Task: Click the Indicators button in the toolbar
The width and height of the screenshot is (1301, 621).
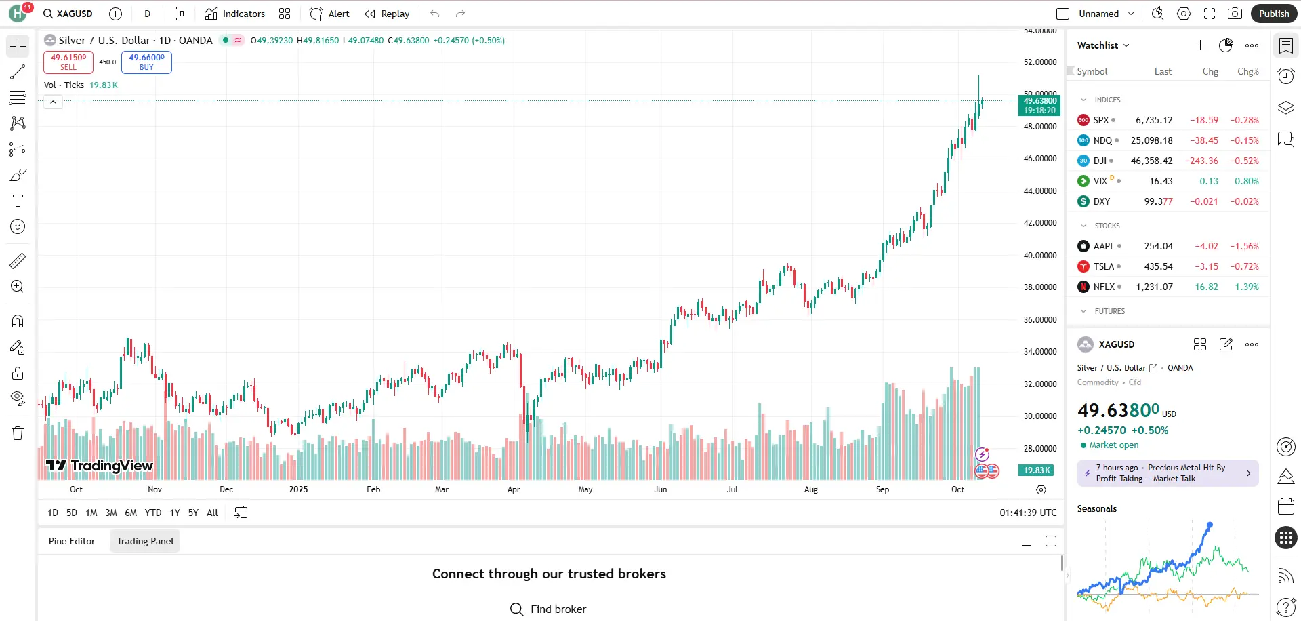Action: pyautogui.click(x=235, y=14)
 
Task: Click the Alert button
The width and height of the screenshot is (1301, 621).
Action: pyautogui.click(x=330, y=14)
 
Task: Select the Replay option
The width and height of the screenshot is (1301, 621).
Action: pyautogui.click(x=387, y=14)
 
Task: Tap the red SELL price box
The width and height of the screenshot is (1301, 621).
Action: pyautogui.click(x=68, y=62)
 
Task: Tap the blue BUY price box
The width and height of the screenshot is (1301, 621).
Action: pyautogui.click(x=146, y=62)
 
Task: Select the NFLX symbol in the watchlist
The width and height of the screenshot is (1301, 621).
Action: pyautogui.click(x=1104, y=287)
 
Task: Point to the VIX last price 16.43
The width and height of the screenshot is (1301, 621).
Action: pyautogui.click(x=1161, y=181)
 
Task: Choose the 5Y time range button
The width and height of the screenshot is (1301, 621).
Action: pyautogui.click(x=193, y=513)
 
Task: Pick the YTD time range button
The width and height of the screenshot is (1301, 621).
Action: pyautogui.click(x=153, y=513)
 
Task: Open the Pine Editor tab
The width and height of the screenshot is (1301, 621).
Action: pyautogui.click(x=72, y=541)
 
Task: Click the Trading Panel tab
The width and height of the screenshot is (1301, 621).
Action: pyautogui.click(x=145, y=541)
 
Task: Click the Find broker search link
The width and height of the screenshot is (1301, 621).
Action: pyautogui.click(x=549, y=609)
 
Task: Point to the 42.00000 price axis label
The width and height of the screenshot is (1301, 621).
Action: pyautogui.click(x=1040, y=223)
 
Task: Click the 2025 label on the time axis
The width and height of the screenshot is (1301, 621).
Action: pyautogui.click(x=298, y=489)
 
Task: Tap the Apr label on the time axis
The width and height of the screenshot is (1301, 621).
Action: pyautogui.click(x=514, y=489)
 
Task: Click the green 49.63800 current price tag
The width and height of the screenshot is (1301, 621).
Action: pyautogui.click(x=1039, y=105)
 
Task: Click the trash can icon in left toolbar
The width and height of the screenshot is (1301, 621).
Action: pyautogui.click(x=18, y=433)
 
